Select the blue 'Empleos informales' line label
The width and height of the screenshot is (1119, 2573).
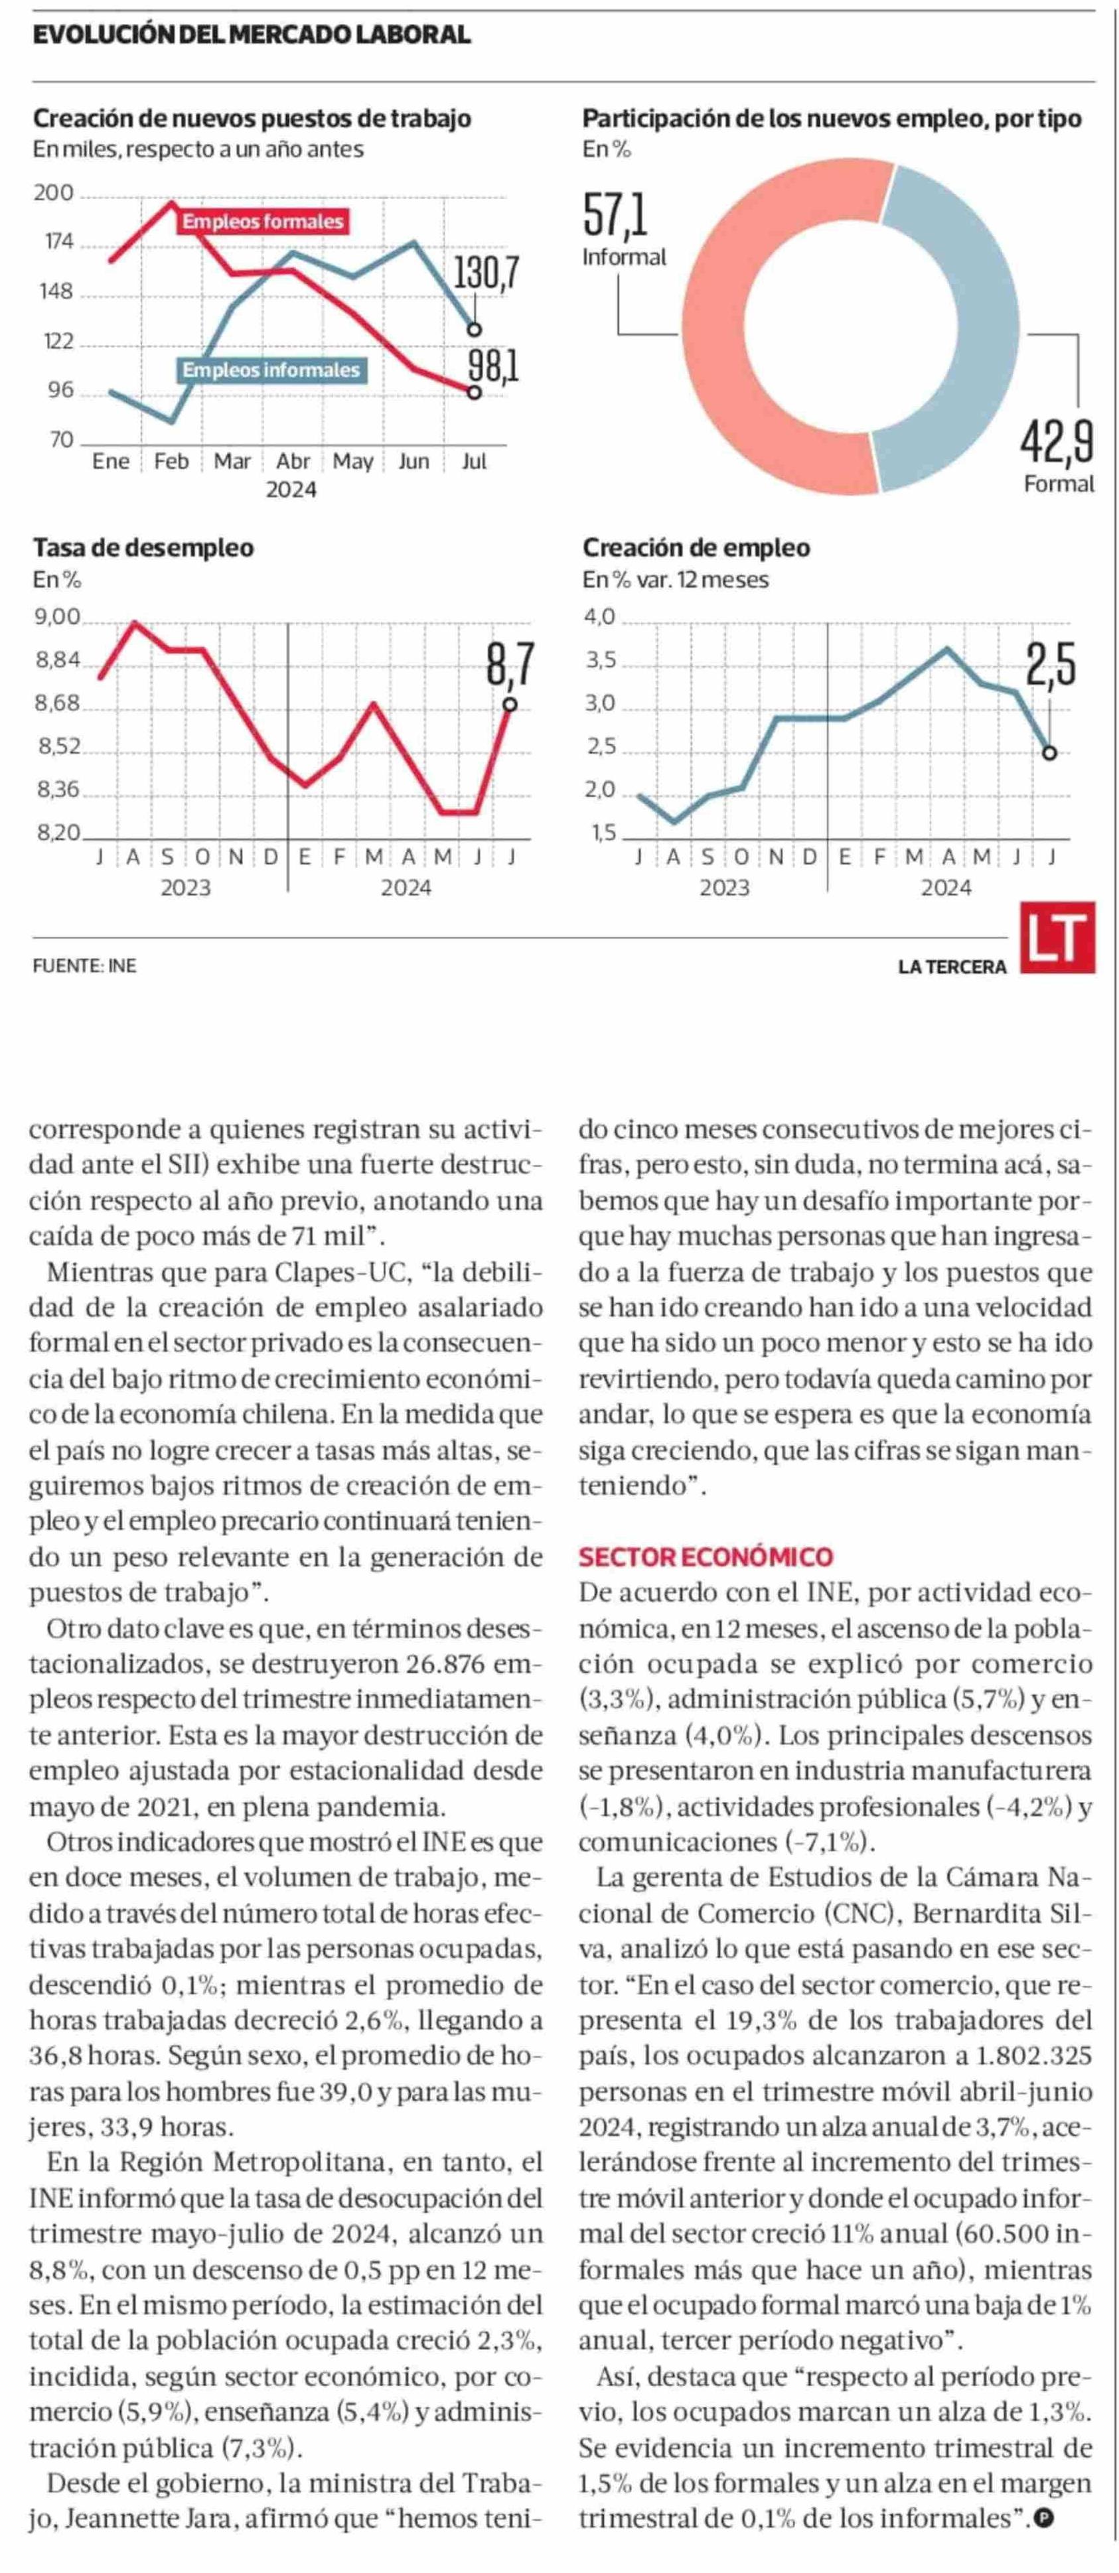click(271, 371)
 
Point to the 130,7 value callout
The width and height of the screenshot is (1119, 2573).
click(486, 273)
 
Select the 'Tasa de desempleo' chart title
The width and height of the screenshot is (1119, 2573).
click(144, 548)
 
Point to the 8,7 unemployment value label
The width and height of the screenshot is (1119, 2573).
click(510, 664)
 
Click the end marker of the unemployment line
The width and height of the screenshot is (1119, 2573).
click(510, 704)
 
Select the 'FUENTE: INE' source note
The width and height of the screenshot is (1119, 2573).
click(85, 966)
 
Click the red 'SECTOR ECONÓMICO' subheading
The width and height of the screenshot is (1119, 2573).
click(706, 1557)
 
